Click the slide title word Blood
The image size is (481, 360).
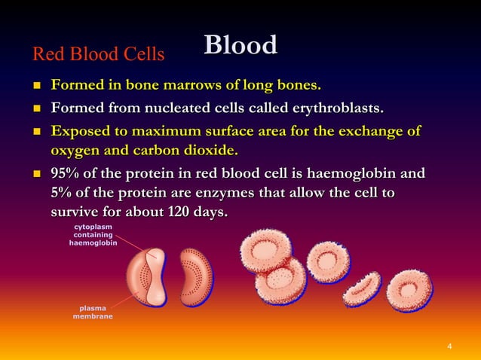tap(240, 45)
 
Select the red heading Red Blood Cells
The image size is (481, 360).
tap(98, 54)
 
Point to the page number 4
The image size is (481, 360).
tap(449, 346)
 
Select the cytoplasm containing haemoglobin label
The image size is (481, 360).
tap(93, 235)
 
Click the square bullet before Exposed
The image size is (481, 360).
tap(34, 132)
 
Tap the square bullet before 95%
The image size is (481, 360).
tap(34, 175)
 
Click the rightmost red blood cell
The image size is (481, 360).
tap(411, 290)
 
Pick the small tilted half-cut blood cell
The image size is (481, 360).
tap(361, 289)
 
